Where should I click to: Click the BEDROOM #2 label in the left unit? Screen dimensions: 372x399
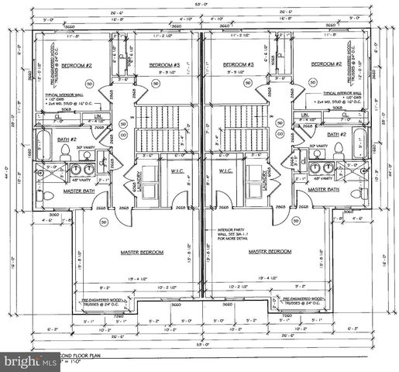(77, 65)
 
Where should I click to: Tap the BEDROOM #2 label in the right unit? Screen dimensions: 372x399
(326, 65)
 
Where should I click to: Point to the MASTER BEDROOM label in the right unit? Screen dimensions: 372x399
(270, 252)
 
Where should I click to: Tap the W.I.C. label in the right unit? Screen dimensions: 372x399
(226, 170)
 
